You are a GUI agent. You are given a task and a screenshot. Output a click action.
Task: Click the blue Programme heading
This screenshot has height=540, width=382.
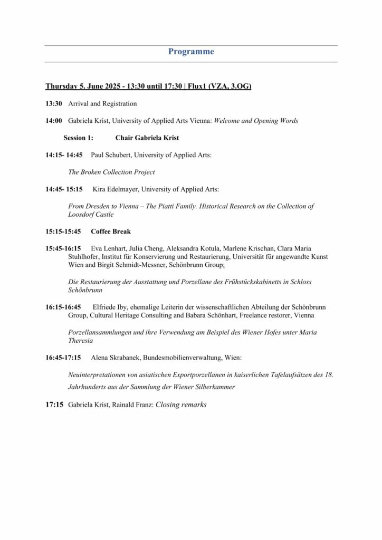pyautogui.click(x=191, y=52)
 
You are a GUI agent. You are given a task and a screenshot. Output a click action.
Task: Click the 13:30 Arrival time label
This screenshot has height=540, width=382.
pyautogui.click(x=54, y=104)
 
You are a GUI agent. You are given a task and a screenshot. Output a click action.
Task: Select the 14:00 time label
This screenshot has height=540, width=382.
pyautogui.click(x=54, y=121)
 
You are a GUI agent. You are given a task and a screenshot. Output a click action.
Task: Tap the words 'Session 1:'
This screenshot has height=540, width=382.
pyautogui.click(x=78, y=138)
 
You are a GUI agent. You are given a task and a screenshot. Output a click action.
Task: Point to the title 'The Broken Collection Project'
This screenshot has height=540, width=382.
pyautogui.click(x=112, y=172)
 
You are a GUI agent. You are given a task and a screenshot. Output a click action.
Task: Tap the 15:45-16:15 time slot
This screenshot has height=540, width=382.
pyautogui.click(x=63, y=248)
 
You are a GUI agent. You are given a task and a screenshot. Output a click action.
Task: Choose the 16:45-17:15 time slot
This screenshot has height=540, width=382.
pyautogui.click(x=63, y=358)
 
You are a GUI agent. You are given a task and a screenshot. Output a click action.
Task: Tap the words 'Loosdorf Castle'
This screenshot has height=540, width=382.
pyautogui.click(x=91, y=215)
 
